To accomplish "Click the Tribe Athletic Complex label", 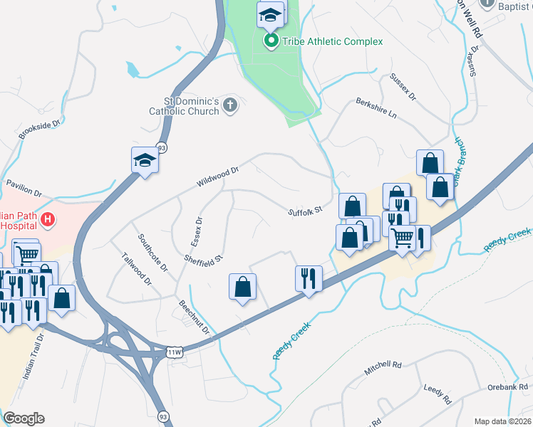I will pyautogui.click(x=331, y=41).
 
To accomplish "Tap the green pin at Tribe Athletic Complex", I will pyautogui.click(x=271, y=41).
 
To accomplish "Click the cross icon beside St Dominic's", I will pyautogui.click(x=229, y=106).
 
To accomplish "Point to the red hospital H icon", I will pyautogui.click(x=48, y=219).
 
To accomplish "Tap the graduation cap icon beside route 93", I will pyautogui.click(x=145, y=160).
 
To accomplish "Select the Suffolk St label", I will pyautogui.click(x=306, y=211).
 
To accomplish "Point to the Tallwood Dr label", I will pyautogui.click(x=137, y=270).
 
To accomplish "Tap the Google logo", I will pyautogui.click(x=24, y=418).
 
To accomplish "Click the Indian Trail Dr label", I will pyautogui.click(x=34, y=354).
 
